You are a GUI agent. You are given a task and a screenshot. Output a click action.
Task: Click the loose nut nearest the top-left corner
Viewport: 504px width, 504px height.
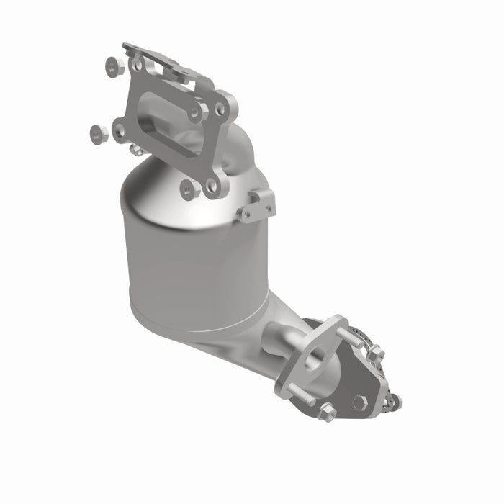(x=114, y=67)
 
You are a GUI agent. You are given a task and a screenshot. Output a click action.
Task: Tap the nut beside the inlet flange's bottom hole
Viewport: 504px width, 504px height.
(x=189, y=189)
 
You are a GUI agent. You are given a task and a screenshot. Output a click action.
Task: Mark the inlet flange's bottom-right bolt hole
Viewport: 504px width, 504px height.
(x=212, y=186)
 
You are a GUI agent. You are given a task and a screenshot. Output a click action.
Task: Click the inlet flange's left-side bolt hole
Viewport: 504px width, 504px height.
(x=120, y=130)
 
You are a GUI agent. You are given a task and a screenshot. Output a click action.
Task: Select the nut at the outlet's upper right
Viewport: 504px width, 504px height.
(x=375, y=353)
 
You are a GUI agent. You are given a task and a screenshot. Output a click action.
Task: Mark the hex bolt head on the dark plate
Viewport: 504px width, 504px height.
(x=360, y=403)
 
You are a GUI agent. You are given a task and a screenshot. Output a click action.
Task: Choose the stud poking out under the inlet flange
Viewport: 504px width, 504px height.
(x=135, y=149)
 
